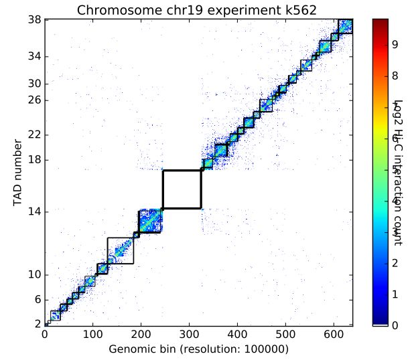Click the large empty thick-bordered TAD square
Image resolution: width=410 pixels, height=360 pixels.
[x=182, y=189]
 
